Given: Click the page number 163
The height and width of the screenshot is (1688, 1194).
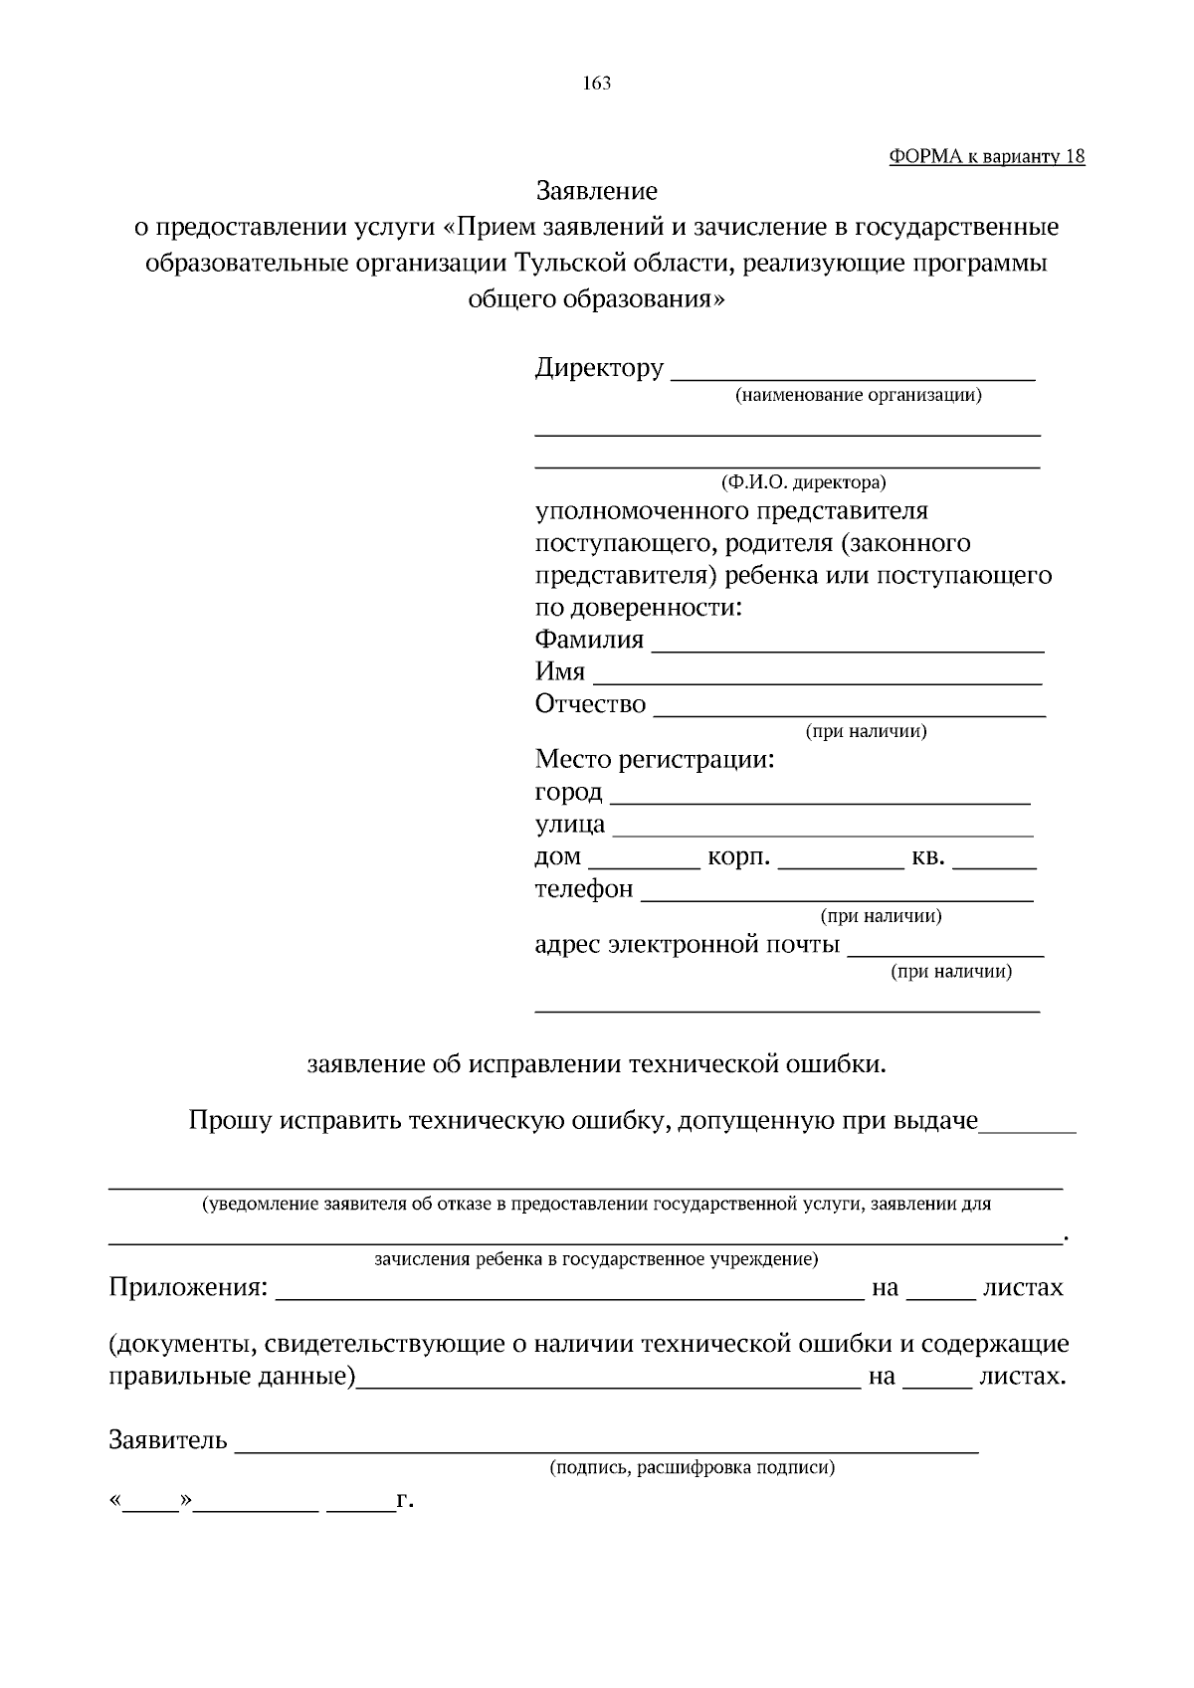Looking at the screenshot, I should click(597, 84).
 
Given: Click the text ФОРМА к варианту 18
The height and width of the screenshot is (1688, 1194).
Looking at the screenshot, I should click(986, 157).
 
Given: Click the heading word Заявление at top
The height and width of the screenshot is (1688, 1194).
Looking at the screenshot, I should click(597, 189).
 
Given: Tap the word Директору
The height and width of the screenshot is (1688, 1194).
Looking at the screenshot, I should click(599, 368).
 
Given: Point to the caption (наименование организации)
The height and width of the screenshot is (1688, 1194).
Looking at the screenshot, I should click(858, 396).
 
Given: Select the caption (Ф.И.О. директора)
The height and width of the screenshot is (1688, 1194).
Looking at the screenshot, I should click(803, 482).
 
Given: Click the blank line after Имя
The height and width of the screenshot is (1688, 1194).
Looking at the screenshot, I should click(817, 681).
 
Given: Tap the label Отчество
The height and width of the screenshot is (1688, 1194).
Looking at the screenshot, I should click(590, 704).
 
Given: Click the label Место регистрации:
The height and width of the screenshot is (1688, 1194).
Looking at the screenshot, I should click(655, 761).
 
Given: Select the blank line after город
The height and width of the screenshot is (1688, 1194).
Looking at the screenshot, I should click(819, 800).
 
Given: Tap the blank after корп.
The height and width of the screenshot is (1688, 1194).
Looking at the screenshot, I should click(840, 865).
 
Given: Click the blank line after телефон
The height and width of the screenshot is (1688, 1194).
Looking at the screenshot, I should click(837, 897).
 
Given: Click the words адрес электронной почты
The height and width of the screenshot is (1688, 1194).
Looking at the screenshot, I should click(687, 944).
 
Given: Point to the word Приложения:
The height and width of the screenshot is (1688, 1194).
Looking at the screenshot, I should click(188, 1288).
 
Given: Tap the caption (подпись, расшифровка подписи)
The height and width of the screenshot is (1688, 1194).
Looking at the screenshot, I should click(693, 1468).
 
